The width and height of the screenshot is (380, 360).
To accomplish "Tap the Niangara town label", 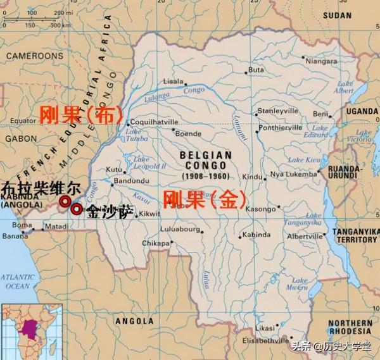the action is point(321,61).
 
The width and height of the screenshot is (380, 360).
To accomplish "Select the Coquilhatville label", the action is point(155,124).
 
